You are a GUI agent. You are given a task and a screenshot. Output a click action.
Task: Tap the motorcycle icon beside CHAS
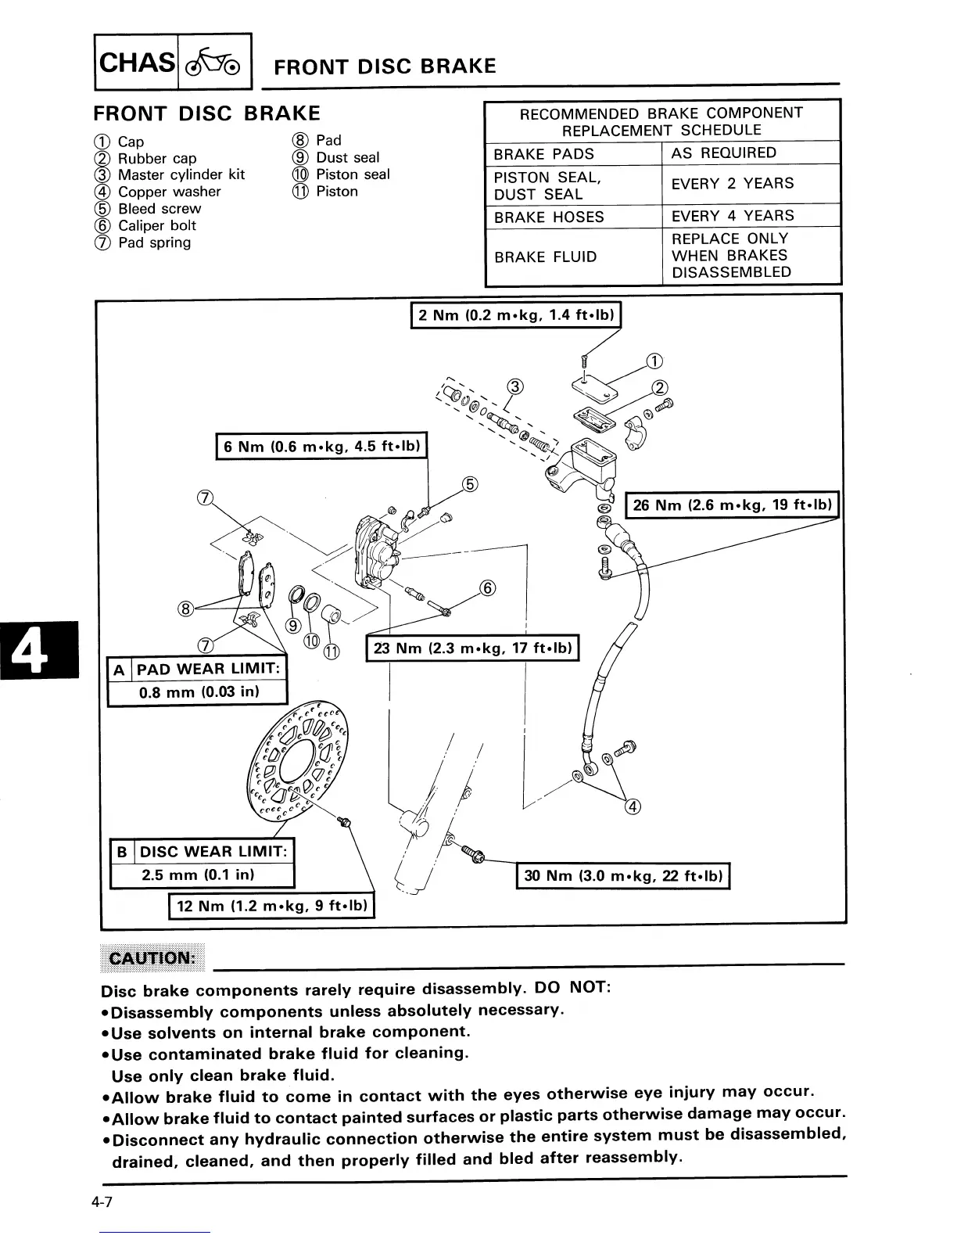click(215, 62)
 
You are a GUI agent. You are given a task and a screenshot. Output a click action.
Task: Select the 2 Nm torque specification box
click(516, 315)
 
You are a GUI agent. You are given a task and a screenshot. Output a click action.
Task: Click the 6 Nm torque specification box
click(321, 447)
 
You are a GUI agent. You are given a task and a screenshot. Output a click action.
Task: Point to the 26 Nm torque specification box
click(733, 505)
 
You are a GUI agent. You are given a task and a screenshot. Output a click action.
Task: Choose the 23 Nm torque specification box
click(472, 648)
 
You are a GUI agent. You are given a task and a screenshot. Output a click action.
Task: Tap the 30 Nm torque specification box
click(623, 876)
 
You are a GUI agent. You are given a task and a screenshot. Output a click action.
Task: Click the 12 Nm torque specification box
click(272, 907)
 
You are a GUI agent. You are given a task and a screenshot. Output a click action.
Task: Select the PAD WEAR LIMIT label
click(208, 669)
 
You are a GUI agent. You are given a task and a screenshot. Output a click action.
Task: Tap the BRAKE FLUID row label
click(545, 257)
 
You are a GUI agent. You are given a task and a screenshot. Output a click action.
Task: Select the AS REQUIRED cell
click(723, 153)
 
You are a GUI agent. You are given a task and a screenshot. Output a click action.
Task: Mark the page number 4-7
click(102, 1202)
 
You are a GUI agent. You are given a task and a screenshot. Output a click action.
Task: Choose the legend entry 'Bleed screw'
click(159, 209)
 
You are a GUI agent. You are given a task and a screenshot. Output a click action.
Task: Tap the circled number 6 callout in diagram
click(486, 588)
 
